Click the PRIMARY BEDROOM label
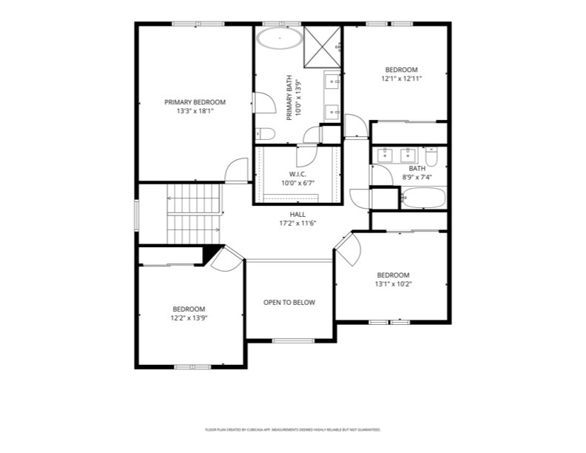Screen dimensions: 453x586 pyautogui.click(x=195, y=102)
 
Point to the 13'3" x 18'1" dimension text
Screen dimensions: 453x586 pyautogui.click(x=195, y=112)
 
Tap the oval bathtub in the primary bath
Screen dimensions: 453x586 pyautogui.click(x=279, y=38)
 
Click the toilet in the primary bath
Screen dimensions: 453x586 pyautogui.click(x=265, y=134)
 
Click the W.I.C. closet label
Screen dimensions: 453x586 pyautogui.click(x=288, y=174)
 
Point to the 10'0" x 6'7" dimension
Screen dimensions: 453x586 pyautogui.click(x=297, y=183)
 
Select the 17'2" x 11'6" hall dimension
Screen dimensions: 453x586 pyautogui.click(x=297, y=223)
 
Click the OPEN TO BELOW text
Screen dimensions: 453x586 pyautogui.click(x=289, y=302)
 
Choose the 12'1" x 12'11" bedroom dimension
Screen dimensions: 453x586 pyautogui.click(x=401, y=78)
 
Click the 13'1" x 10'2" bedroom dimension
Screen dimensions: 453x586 pyautogui.click(x=393, y=283)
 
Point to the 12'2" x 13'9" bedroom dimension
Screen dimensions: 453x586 pyautogui.click(x=189, y=318)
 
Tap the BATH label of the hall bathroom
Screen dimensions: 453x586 pyautogui.click(x=417, y=169)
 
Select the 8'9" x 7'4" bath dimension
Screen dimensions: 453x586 pyautogui.click(x=417, y=177)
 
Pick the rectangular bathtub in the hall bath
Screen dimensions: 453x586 pyautogui.click(x=422, y=198)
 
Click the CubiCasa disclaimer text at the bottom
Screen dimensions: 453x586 pyautogui.click(x=292, y=429)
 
